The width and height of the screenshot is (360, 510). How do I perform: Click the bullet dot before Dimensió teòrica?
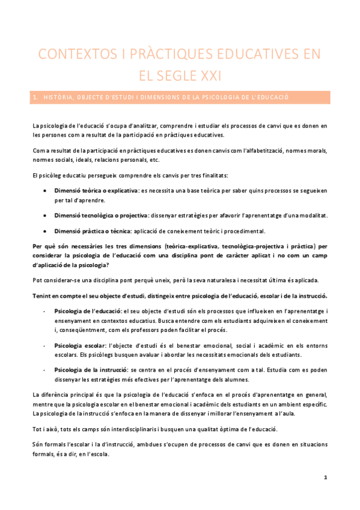click(x=46, y=190)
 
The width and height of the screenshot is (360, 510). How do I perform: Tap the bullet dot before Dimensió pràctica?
click(x=46, y=231)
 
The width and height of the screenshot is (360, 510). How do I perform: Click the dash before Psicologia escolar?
click(x=45, y=346)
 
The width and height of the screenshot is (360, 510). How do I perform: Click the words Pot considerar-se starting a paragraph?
click(x=58, y=280)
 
